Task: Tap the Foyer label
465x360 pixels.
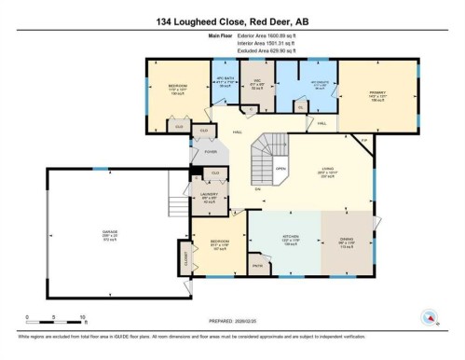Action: coord(211,151)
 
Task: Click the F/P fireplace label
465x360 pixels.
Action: coord(364,141)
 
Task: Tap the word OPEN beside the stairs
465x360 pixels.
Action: coord(280,169)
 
